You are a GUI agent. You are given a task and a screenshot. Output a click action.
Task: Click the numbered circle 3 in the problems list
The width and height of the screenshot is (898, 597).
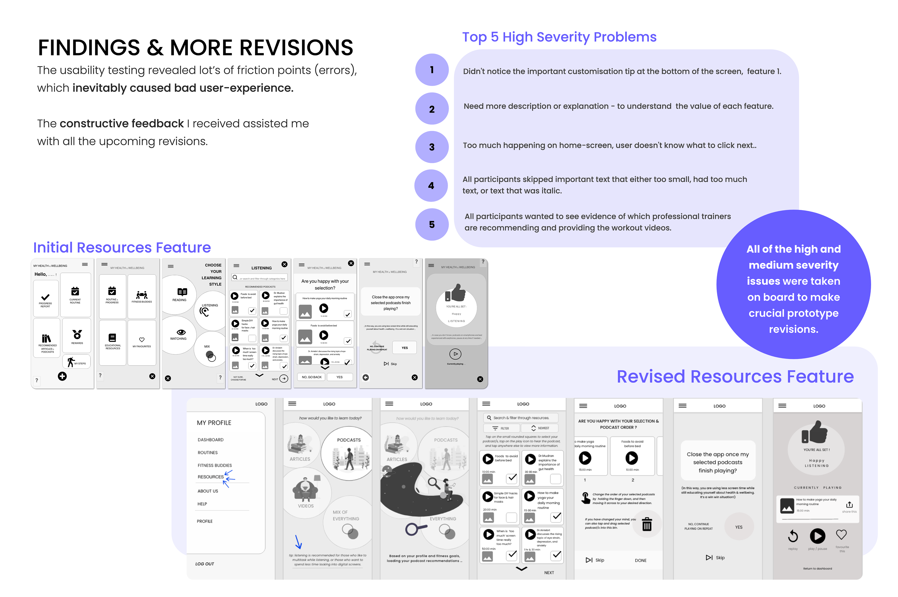tap(431, 147)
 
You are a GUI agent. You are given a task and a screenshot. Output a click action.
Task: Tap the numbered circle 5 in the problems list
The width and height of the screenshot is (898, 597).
tap(431, 224)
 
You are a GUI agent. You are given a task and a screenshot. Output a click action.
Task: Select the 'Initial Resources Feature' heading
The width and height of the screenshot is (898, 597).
tap(122, 248)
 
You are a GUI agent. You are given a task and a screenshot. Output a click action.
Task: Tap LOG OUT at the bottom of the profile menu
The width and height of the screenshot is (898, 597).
tap(205, 564)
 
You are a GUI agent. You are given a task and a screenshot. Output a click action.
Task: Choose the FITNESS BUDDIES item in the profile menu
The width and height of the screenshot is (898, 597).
tap(214, 465)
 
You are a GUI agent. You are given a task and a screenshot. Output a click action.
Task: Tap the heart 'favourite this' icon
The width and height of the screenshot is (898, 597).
tap(841, 535)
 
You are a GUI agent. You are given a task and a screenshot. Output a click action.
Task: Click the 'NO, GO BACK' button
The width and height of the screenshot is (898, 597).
tap(311, 377)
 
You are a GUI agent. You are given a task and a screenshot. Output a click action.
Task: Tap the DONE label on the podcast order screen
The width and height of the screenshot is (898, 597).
tap(640, 561)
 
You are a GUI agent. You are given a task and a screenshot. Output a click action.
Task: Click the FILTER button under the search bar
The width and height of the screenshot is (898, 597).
tap(500, 428)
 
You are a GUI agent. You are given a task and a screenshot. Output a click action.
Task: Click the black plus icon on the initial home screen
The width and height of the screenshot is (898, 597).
tap(62, 376)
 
